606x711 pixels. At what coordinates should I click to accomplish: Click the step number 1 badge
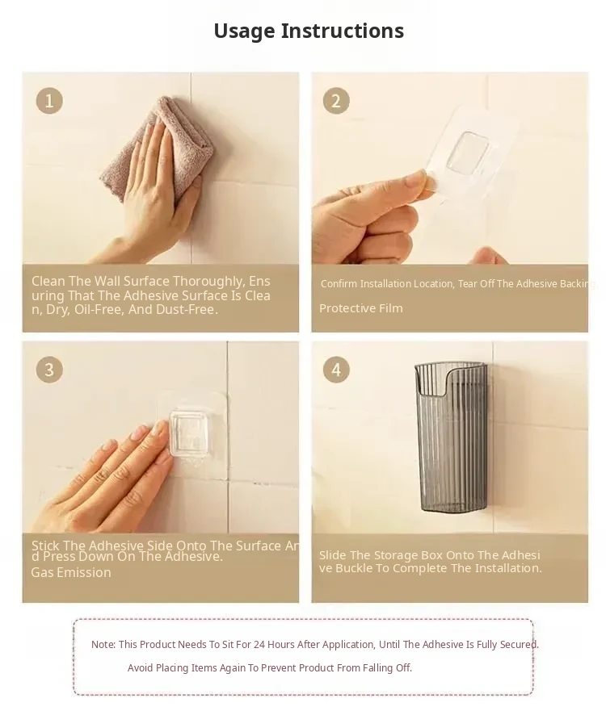pyautogui.click(x=49, y=101)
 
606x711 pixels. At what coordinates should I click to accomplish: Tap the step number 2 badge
pyautogui.click(x=336, y=101)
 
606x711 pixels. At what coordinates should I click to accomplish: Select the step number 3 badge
pyautogui.click(x=49, y=370)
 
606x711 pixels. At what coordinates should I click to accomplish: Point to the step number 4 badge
pyautogui.click(x=336, y=370)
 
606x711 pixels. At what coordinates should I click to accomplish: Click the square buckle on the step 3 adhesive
pyautogui.click(x=189, y=433)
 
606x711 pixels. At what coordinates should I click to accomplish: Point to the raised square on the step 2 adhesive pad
pyautogui.click(x=468, y=153)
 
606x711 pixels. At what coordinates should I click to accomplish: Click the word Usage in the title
pyautogui.click(x=244, y=31)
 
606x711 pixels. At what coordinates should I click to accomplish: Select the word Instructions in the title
pyautogui.click(x=343, y=31)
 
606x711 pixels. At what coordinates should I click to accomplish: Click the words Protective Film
pyautogui.click(x=361, y=308)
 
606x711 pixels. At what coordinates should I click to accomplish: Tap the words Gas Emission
pyautogui.click(x=71, y=573)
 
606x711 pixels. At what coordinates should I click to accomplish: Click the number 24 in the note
pyautogui.click(x=259, y=644)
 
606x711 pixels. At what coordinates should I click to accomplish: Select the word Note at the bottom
pyautogui.click(x=103, y=644)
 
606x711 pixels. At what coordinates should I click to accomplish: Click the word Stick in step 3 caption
pyautogui.click(x=45, y=546)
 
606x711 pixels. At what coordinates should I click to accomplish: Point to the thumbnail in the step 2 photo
pyautogui.click(x=419, y=179)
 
